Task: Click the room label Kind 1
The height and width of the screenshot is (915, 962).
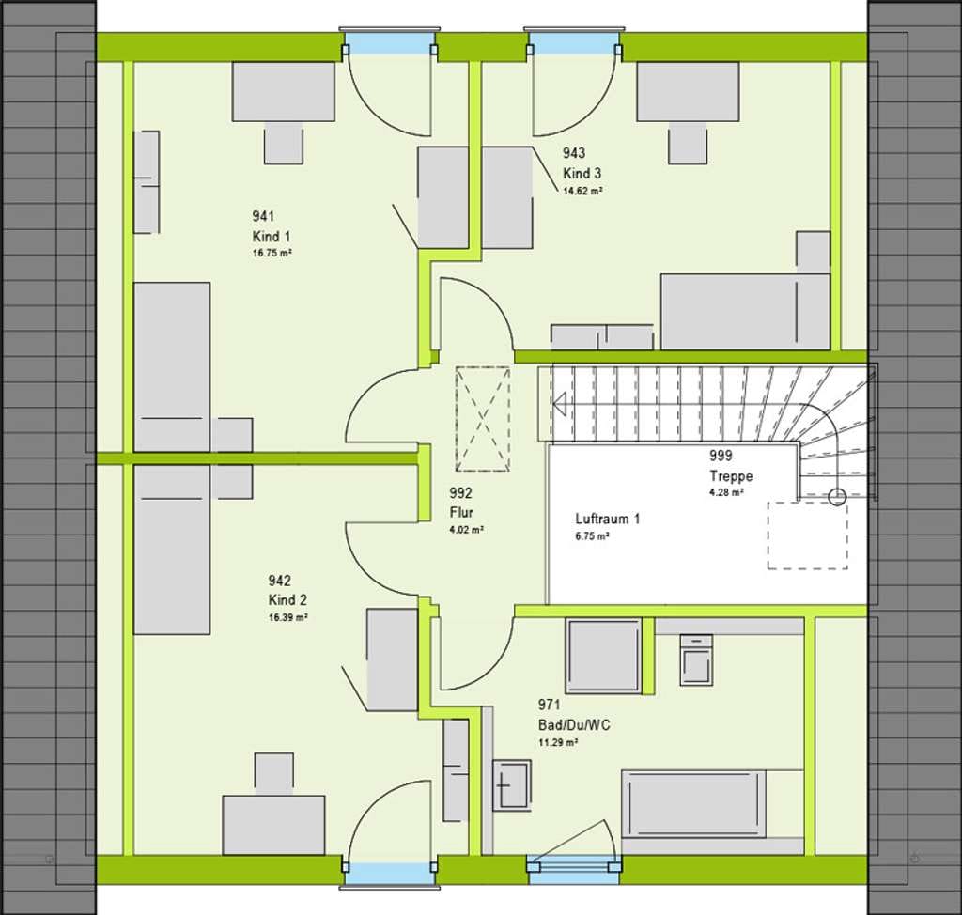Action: pos(272,237)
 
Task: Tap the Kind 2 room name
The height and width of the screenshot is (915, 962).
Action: pos(287,600)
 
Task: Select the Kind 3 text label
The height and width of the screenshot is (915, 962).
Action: pos(582,173)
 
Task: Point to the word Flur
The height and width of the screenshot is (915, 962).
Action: pos(461,512)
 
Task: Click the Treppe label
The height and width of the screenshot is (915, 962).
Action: pos(731,476)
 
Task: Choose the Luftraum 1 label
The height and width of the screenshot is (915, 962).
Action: pos(608,520)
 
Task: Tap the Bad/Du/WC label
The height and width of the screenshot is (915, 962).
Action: pos(574,725)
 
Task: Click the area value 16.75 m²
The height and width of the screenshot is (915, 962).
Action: pos(272,253)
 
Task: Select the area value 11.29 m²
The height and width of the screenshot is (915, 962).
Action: pos(558,742)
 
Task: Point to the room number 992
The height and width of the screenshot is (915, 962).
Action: pos(460,493)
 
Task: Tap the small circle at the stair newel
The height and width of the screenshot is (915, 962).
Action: pos(837,496)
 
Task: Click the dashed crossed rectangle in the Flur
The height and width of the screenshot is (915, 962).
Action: pos(483,419)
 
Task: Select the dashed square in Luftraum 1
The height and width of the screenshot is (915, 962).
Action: pos(807,535)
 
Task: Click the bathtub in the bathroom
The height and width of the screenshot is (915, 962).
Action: pos(694,804)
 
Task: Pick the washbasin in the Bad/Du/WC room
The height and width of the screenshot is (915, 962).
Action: pos(511,785)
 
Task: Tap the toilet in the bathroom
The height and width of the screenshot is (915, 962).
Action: pos(696,660)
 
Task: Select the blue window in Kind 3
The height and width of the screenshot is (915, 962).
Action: pos(574,46)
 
